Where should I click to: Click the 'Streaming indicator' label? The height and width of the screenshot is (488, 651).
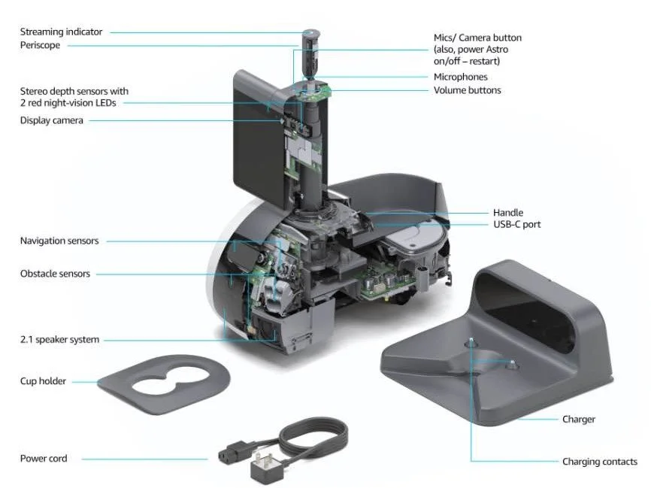click(61, 32)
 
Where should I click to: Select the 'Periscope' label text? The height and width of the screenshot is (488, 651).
click(40, 45)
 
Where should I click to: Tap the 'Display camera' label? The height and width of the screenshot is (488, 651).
click(51, 120)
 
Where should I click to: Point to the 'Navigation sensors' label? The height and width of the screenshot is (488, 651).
click(59, 241)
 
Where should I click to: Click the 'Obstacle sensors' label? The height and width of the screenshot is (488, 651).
click(55, 274)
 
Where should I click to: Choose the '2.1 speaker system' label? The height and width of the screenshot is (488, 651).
click(59, 340)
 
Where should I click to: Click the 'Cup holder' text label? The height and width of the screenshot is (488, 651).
click(43, 381)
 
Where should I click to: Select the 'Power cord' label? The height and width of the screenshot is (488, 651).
click(43, 458)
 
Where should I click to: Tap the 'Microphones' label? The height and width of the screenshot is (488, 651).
click(460, 77)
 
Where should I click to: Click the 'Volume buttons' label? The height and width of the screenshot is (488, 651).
click(467, 90)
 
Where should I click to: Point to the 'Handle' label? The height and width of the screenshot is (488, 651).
click(507, 213)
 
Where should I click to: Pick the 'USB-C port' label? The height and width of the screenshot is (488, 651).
click(516, 224)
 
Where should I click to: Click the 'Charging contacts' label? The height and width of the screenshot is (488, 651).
click(599, 462)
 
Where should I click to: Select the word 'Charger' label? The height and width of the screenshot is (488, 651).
click(578, 419)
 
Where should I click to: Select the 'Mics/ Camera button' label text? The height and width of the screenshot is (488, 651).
click(477, 38)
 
